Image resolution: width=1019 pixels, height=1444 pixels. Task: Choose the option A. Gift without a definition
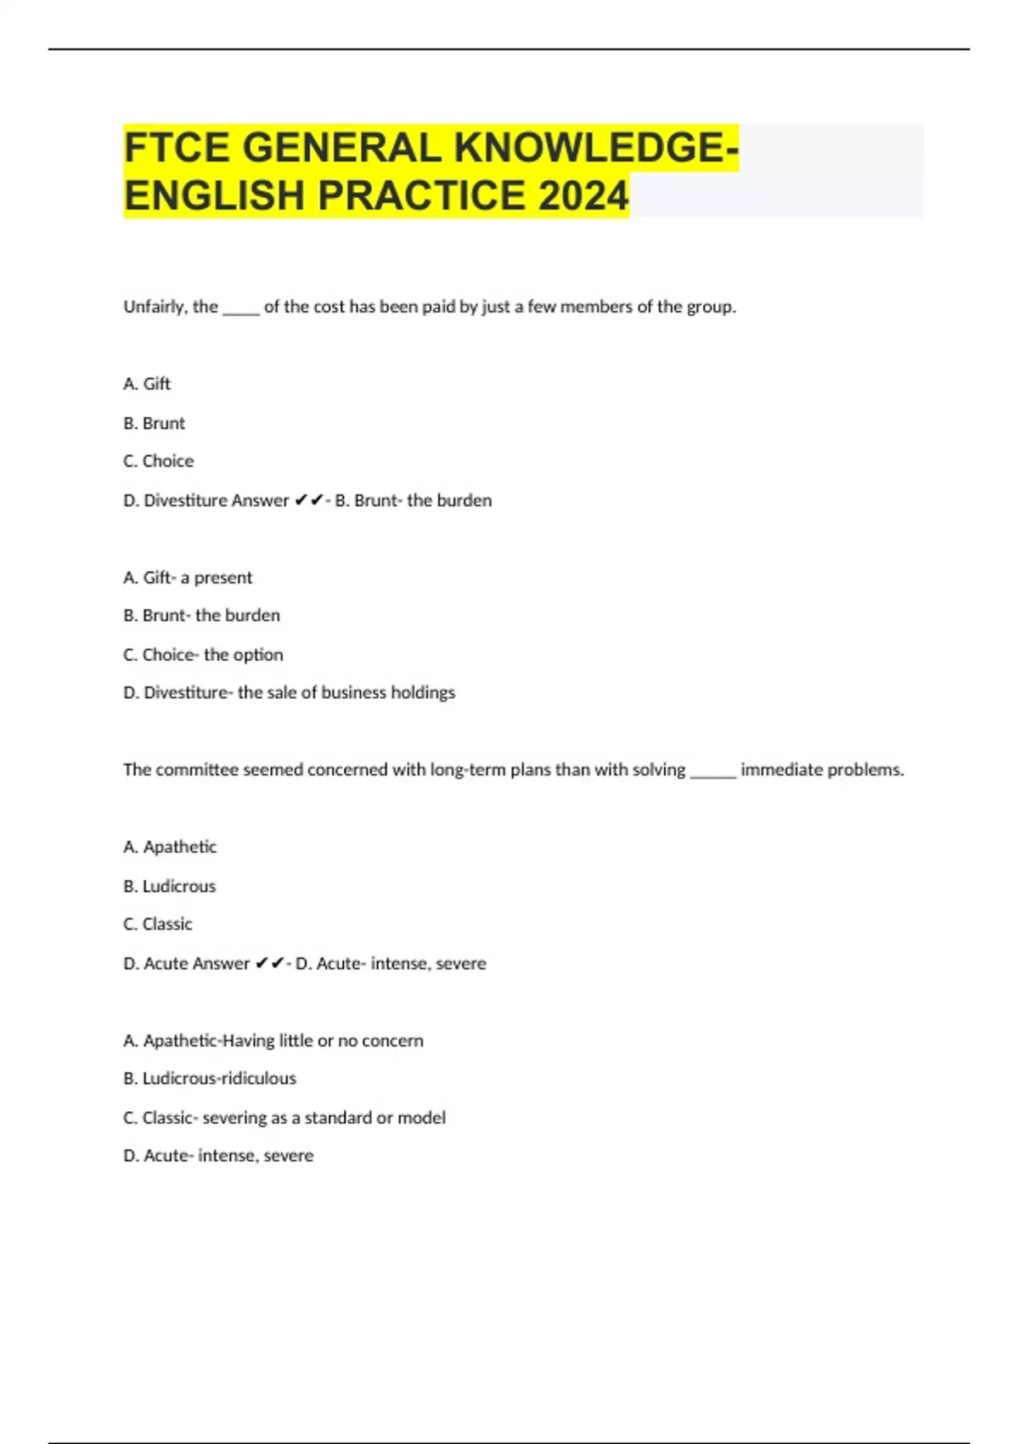click(x=147, y=384)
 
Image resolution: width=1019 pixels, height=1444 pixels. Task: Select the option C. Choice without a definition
click(x=159, y=461)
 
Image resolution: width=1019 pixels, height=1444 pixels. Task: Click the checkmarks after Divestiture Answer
click(x=309, y=500)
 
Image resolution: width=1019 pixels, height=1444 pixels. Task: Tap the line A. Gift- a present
click(x=188, y=578)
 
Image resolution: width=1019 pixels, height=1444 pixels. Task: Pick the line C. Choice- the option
click(x=203, y=655)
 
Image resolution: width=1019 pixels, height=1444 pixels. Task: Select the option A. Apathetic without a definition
click(x=170, y=847)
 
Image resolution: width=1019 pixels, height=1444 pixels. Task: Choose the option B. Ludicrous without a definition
click(x=170, y=886)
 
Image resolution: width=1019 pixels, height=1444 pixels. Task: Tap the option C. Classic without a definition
click(x=158, y=924)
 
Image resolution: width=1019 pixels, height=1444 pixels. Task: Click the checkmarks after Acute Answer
click(x=270, y=963)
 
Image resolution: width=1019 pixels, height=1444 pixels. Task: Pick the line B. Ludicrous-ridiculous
click(x=210, y=1079)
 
